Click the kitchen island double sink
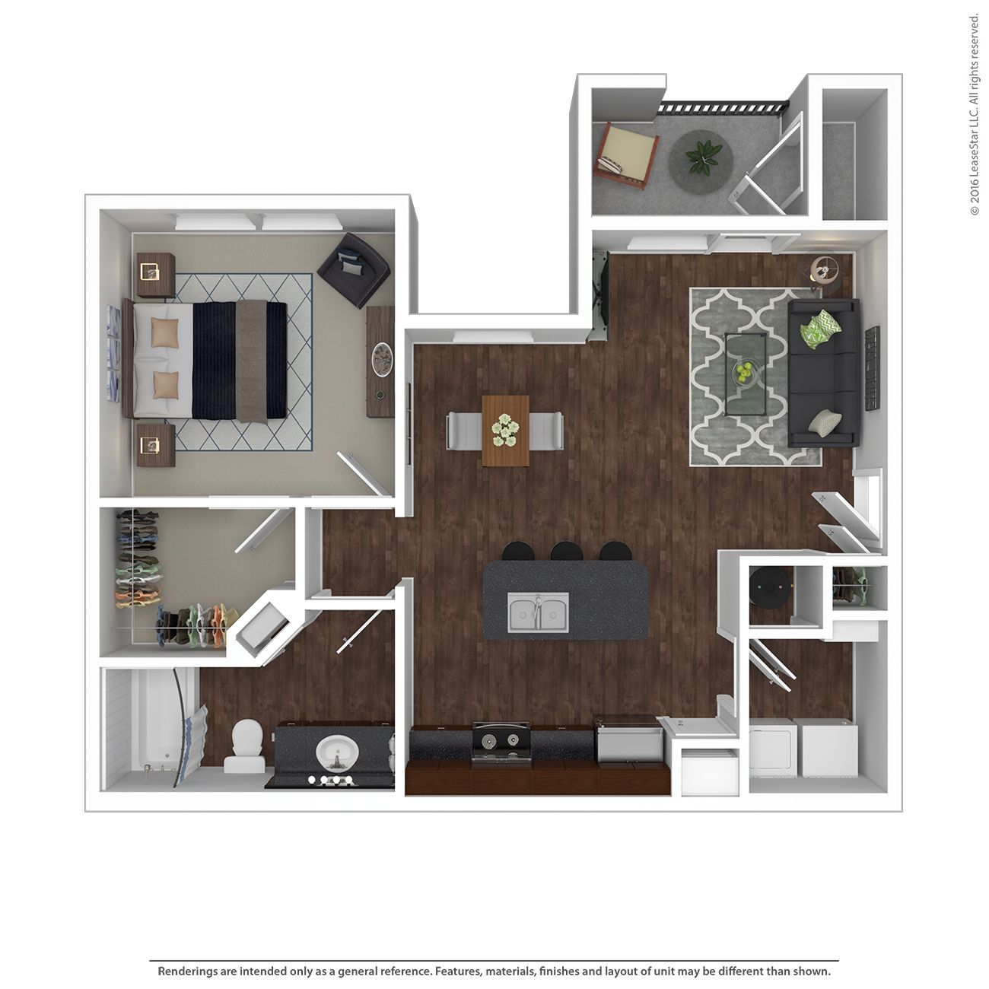click(539, 612)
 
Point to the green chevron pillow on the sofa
click(820, 328)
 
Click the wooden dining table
click(505, 430)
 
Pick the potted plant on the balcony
click(701, 157)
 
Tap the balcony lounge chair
click(626, 155)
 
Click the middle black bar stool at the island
click(566, 551)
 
